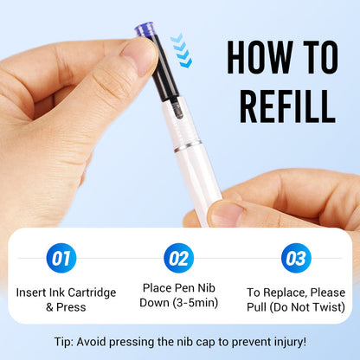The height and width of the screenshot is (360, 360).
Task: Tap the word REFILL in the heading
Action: point(280,106)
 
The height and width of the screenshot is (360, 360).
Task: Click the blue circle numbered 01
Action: point(62,257)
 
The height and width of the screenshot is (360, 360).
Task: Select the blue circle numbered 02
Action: point(178,257)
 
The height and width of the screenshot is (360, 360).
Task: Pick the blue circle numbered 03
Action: point(295,257)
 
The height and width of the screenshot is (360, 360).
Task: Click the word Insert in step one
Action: point(33,292)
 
